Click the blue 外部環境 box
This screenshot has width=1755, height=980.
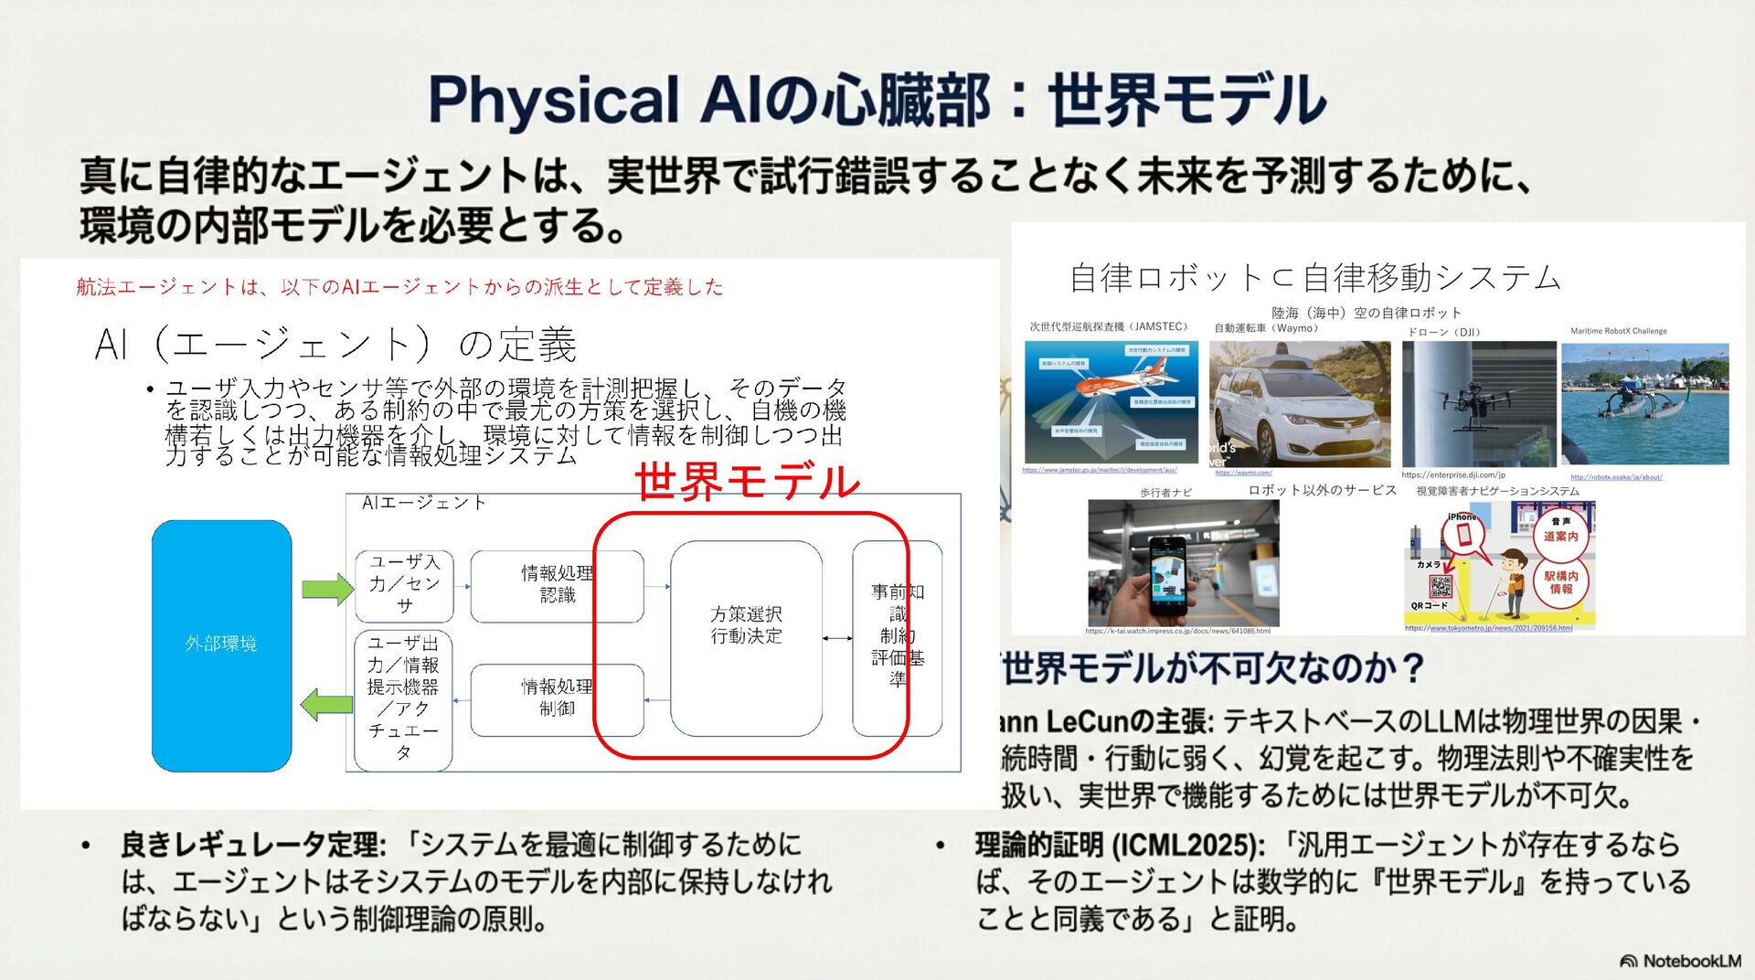pyautogui.click(x=221, y=644)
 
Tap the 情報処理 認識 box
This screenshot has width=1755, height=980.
pyautogui.click(x=557, y=584)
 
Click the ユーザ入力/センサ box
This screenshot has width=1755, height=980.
pyautogui.click(x=404, y=583)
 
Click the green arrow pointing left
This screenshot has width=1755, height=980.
pyautogui.click(x=326, y=704)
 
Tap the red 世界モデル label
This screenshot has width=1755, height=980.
pyautogui.click(x=747, y=481)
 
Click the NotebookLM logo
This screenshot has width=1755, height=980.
pyautogui.click(x=1680, y=961)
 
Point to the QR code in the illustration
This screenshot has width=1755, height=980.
pyautogui.click(x=1441, y=586)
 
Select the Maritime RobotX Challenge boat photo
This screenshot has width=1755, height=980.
pyautogui.click(x=1644, y=404)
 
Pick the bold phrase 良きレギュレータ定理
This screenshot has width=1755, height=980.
pyautogui.click(x=249, y=845)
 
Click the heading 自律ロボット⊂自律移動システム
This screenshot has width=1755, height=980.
pyautogui.click(x=1314, y=278)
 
